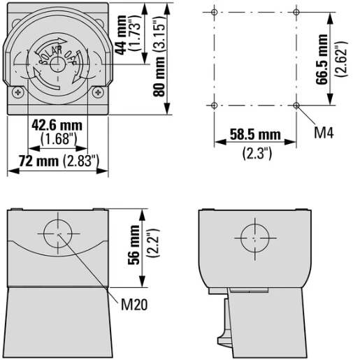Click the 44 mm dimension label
pos(121,35)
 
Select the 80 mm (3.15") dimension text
pos(159,56)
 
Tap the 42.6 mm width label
pos(57,125)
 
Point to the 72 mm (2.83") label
pos(59,161)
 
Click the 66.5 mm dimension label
pos(322,59)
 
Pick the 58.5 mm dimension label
pos(255,134)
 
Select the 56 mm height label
pos(134,245)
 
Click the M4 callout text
pos(324,133)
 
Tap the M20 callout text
pos(134,304)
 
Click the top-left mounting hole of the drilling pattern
pos(215,12)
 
